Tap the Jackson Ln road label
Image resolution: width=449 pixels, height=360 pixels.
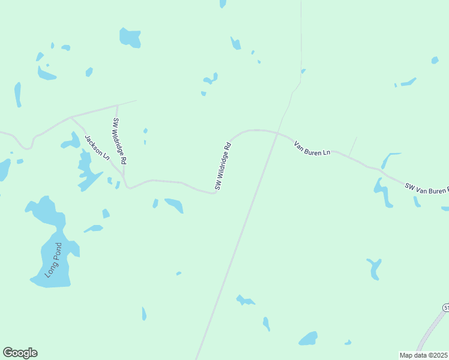(x=97, y=148)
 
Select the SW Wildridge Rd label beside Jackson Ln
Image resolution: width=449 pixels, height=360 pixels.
(x=119, y=142)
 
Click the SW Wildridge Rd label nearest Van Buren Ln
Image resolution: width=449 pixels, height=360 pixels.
(x=222, y=166)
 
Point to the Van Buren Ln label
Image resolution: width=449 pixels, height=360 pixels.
(x=312, y=148)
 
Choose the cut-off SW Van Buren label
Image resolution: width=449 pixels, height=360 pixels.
(x=426, y=189)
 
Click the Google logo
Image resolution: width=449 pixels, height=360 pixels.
(x=20, y=353)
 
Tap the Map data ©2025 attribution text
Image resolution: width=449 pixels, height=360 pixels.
(x=423, y=355)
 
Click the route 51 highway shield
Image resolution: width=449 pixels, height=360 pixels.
(x=446, y=308)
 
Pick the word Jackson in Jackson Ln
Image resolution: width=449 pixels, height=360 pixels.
(x=93, y=143)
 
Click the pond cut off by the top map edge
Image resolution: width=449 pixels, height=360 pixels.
(x=223, y=3)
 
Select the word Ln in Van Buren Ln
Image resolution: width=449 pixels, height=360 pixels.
(x=327, y=153)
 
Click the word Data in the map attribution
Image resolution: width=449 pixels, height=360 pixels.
(x=419, y=355)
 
